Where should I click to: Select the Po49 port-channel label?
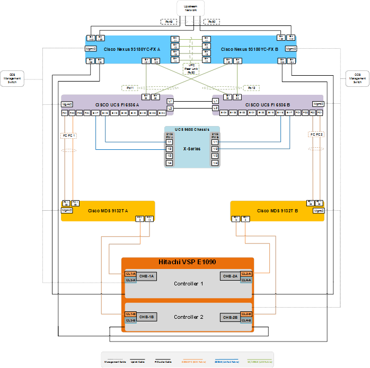coord(168,22)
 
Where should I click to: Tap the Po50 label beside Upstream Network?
coord(211,22)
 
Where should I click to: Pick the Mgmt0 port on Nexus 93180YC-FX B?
coord(290,49)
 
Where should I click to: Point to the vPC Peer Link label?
coord(190,69)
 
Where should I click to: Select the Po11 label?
coord(130,87)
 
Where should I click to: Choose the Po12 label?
coord(251,87)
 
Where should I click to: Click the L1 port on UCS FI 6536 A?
coord(170,101)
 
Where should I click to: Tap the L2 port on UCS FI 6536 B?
coord(215,108)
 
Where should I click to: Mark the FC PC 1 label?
coord(68,136)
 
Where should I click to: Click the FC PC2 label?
coord(316,134)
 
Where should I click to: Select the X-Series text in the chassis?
coord(192,149)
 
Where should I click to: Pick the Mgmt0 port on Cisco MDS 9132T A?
coord(67,210)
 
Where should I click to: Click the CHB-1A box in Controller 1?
coord(147,276)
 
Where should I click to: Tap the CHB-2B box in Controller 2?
coord(231,317)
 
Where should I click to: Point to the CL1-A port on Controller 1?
coord(130,273)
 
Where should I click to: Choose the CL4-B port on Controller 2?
coord(246,320)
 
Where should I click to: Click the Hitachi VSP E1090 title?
coord(188,263)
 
